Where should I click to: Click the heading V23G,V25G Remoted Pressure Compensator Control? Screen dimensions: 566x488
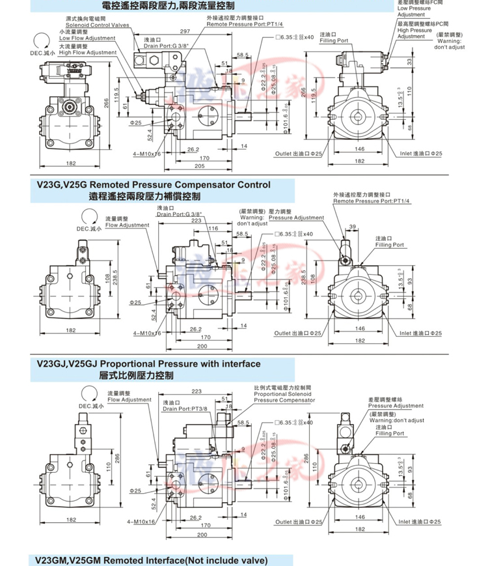pyautogui.click(x=154, y=185)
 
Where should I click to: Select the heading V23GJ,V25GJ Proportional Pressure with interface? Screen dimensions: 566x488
pyautogui.click(x=148, y=363)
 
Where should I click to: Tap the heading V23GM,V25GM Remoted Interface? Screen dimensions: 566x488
pyautogui.click(x=152, y=560)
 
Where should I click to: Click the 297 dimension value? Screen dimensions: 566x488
pyautogui.click(x=185, y=31)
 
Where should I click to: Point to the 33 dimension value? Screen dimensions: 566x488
pyautogui.click(x=409, y=61)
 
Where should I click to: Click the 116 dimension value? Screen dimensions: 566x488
pyautogui.click(x=213, y=229)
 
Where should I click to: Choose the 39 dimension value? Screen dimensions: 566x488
pyautogui.click(x=353, y=226)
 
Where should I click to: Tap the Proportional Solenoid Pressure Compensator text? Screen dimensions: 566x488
pyautogui.click(x=284, y=397)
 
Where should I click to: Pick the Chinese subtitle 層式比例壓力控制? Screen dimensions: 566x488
pyautogui.click(x=137, y=375)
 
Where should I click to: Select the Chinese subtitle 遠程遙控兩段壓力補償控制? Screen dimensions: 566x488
pyautogui.click(x=144, y=196)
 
